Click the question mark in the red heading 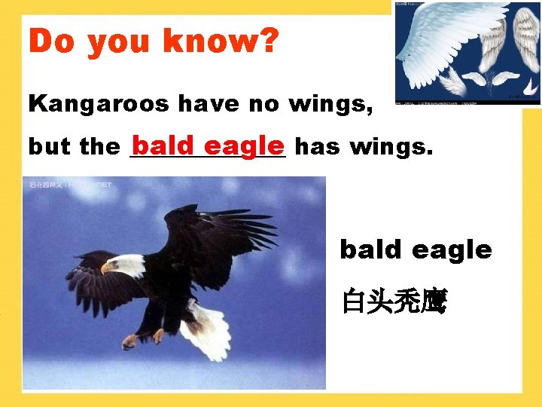pos(269,42)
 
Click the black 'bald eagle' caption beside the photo pos(416,249)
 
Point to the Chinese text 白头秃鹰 pos(394,303)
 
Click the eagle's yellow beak pos(106,268)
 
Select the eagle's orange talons pos(143,338)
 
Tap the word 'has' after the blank pos(317,147)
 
